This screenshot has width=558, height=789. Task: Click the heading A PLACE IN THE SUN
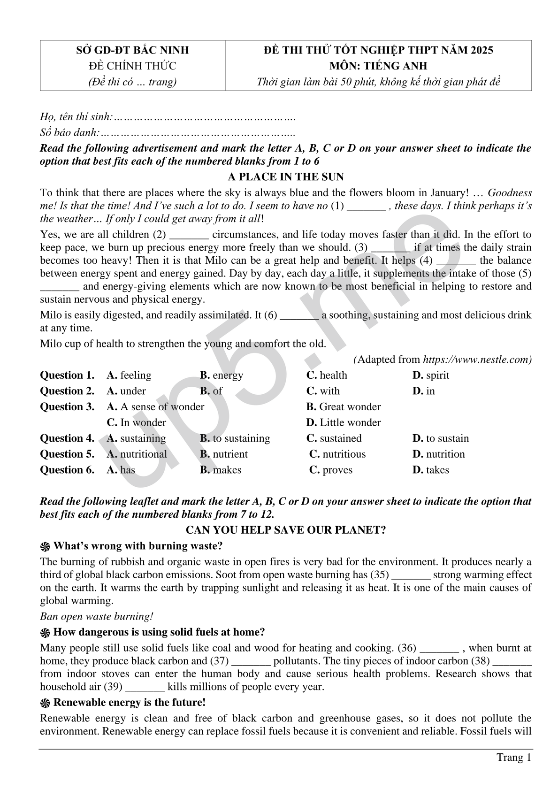coord(285,177)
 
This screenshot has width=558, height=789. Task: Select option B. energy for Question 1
coord(222,375)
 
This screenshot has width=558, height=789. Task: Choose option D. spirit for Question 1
coord(431,375)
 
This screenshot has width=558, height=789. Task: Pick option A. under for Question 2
coord(126,391)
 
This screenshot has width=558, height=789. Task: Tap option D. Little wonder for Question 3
coord(344,422)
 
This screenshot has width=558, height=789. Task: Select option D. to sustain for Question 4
coord(441,438)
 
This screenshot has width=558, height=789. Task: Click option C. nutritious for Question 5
coord(337,454)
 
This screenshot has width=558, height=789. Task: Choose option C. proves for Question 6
coord(331,470)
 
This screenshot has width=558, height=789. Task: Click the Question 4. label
coord(67,438)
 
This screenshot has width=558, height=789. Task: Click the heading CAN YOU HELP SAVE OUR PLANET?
coord(286,530)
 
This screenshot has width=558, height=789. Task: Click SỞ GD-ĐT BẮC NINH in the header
coord(132,50)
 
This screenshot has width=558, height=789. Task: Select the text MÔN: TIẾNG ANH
coord(378,66)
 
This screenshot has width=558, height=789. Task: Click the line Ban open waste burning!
coord(97,616)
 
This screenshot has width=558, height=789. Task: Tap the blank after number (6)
coord(299,315)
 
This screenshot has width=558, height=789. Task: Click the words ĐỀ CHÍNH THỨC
coord(132,66)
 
